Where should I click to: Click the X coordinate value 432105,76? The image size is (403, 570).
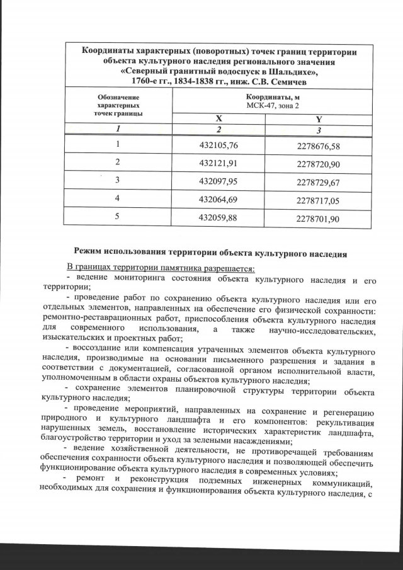pos(220,145)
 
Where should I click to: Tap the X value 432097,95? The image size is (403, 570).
pos(220,181)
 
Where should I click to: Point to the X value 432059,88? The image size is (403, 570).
pos(220,218)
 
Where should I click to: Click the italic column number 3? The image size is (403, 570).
pos(319,129)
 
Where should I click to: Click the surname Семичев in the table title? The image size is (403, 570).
pos(288,81)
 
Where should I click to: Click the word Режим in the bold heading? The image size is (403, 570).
pos(90,255)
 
